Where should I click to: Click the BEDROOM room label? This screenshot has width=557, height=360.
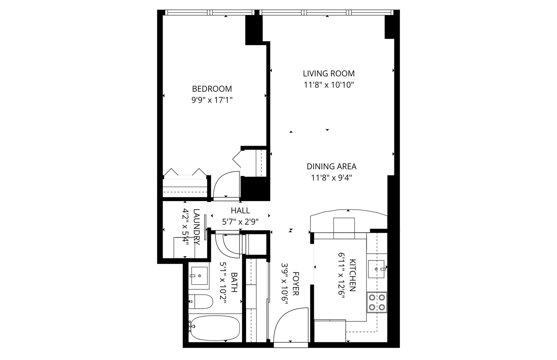coord(212,89)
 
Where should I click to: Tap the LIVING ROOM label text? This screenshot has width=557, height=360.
coord(328,73)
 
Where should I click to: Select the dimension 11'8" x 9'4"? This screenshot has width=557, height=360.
coord(331,178)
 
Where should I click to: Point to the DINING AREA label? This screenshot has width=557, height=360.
coord(331,166)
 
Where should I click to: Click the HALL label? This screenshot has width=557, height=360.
coord(240,211)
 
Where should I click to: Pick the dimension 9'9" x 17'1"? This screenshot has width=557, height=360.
coord(212,100)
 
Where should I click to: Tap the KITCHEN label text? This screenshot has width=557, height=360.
coord(352,275)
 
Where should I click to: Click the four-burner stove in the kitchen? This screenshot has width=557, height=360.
coord(377,302)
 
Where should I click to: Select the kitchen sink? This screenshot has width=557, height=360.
coord(376,269)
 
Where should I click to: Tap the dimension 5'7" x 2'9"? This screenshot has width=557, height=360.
coord(240,221)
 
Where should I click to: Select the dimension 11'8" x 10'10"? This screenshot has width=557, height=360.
coord(328,85)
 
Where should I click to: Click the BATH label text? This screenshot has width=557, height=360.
coord(234,282)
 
